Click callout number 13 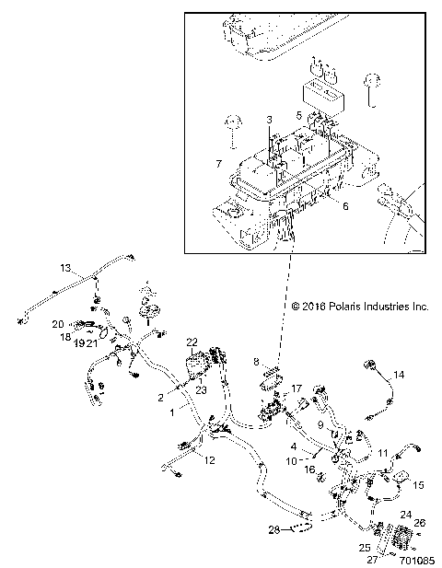(65, 268)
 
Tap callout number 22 (192, 342)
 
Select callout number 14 (400, 374)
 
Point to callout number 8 (257, 363)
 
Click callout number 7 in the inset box (218, 163)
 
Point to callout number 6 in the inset (345, 208)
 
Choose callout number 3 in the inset (270, 120)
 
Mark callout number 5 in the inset (299, 115)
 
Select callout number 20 (57, 324)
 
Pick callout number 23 (200, 364)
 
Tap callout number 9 (321, 425)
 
